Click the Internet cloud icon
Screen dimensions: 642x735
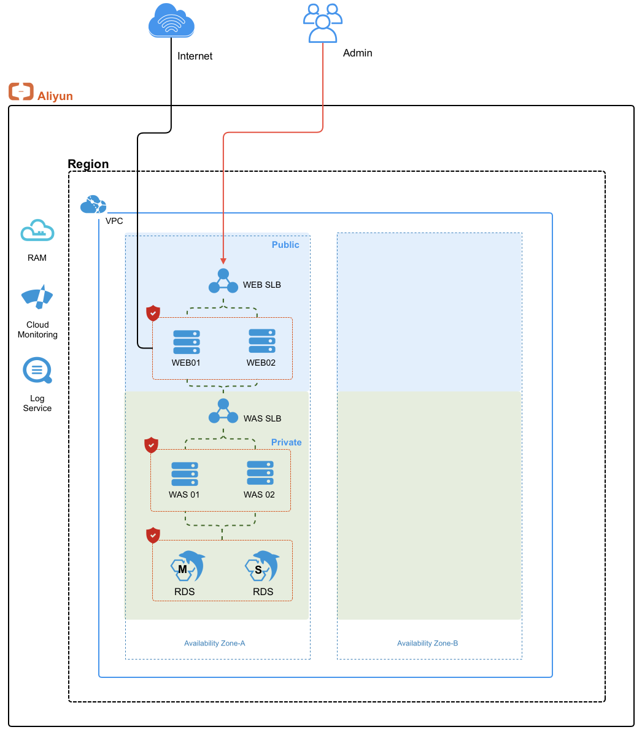[171, 20]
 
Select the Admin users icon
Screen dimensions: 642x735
[323, 23]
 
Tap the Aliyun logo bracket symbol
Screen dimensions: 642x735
[21, 91]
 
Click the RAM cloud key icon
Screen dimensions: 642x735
[37, 230]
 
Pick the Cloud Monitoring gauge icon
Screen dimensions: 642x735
[37, 297]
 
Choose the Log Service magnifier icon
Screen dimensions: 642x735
[37, 371]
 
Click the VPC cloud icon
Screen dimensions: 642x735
[93, 204]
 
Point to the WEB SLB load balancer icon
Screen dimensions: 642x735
[223, 281]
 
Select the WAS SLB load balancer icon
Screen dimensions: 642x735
[223, 411]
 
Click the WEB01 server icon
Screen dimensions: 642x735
[187, 342]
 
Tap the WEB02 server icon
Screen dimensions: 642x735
[262, 341]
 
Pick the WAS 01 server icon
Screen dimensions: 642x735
[185, 474]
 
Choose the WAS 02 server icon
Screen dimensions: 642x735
[260, 473]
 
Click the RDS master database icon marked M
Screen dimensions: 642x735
[188, 566]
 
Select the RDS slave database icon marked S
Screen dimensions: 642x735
[262, 566]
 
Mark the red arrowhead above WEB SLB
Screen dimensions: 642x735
[223, 261]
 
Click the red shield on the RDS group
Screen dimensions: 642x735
[153, 536]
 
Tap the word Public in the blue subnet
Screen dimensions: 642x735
[285, 245]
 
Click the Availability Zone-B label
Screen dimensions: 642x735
[428, 643]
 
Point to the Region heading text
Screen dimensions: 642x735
[88, 164]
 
